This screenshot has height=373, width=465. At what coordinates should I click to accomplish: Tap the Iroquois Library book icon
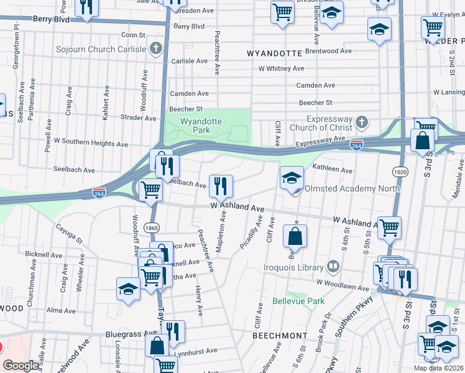(334, 268)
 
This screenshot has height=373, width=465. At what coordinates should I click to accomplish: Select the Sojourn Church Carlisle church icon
(157, 48)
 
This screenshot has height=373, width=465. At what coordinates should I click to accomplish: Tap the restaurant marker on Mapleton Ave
(221, 185)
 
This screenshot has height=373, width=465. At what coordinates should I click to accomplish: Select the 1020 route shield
(400, 170)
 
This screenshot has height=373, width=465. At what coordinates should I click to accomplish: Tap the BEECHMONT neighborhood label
(280, 335)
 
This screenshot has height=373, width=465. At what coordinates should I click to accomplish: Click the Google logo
(21, 366)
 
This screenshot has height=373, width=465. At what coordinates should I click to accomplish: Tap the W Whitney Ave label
(281, 68)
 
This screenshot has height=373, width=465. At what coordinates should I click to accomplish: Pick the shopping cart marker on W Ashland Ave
(389, 228)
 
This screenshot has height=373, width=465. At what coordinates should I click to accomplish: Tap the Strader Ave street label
(138, 116)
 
